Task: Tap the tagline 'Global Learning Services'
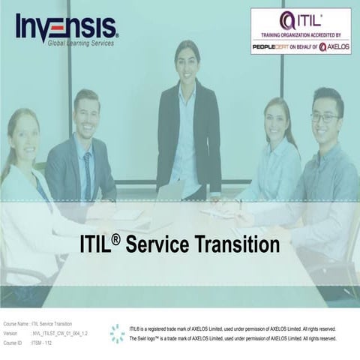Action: coord(80,43)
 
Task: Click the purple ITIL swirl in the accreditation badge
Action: coord(287,20)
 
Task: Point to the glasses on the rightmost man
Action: coord(324,117)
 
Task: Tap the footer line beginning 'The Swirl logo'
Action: coord(232,339)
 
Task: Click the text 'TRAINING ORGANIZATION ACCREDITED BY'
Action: coord(300,35)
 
